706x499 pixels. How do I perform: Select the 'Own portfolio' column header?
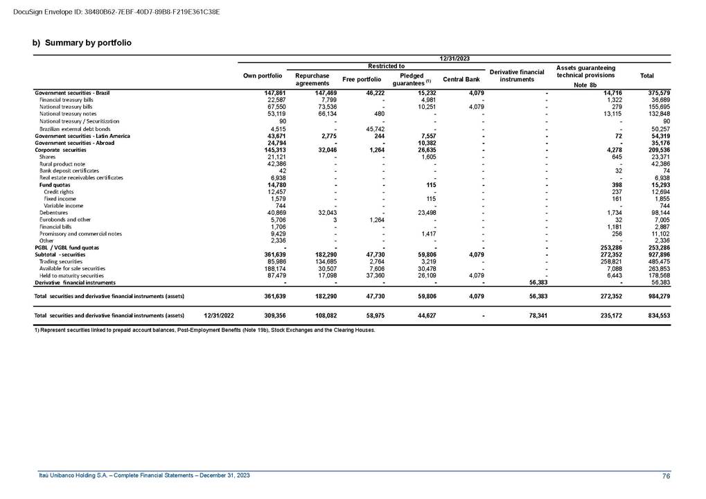[x=263, y=76]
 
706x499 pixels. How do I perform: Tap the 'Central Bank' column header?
[x=461, y=80]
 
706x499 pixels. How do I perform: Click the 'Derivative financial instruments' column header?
[x=516, y=76]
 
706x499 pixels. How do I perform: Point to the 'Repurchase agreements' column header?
[x=312, y=79]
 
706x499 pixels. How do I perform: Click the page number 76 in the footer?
[x=666, y=475]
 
